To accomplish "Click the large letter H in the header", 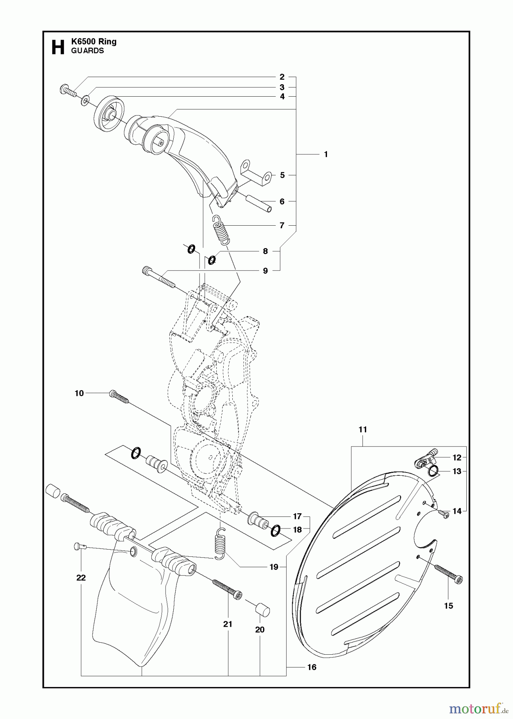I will click(x=58, y=47).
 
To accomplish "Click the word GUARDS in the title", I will click(x=87, y=51).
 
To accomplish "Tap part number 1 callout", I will click(x=326, y=154).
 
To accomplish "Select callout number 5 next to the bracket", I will click(x=282, y=175).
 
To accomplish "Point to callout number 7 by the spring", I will click(x=282, y=226).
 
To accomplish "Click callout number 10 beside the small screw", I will click(x=79, y=393).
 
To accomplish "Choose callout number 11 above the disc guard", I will click(x=362, y=430).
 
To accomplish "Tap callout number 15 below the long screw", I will click(x=448, y=606).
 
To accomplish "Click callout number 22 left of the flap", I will click(x=81, y=578).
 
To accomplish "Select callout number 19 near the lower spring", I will click(x=273, y=567).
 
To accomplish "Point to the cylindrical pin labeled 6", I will click(x=258, y=203).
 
